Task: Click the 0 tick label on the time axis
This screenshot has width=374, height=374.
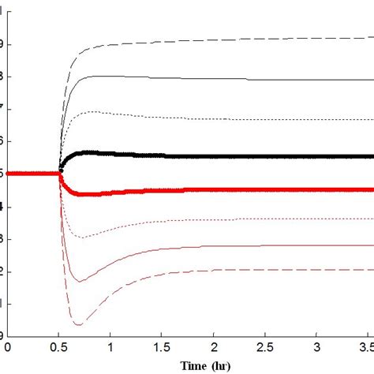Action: pos(8,346)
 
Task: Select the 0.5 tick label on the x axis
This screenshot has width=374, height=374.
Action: pos(59,346)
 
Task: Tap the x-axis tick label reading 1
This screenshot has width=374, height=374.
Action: pos(110,346)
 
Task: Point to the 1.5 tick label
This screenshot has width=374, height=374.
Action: pos(162,346)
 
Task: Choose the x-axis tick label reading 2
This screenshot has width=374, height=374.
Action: pos(214,346)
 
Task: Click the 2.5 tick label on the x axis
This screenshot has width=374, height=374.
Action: pos(265,346)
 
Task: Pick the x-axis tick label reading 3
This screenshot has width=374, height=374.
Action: pos(316,346)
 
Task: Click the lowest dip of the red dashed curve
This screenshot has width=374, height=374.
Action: pos(78,324)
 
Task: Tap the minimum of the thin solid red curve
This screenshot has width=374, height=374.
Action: pos(77,281)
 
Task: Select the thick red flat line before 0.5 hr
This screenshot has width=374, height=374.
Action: pos(32,173)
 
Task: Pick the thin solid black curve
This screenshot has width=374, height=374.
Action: pos(237,78)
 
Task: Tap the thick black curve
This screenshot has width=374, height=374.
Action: pos(237,156)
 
